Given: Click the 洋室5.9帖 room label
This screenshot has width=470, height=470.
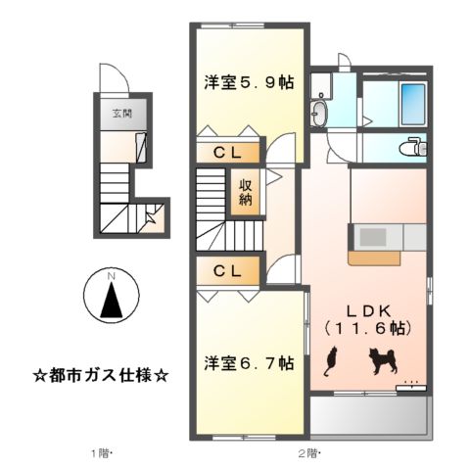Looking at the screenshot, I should [247, 83].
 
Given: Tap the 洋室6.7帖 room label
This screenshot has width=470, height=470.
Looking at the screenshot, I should [249, 363].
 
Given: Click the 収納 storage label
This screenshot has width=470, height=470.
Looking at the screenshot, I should [245, 192].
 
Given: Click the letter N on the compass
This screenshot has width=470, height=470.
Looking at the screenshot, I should [112, 278].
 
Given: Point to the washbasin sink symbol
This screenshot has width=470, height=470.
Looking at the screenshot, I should [320, 113].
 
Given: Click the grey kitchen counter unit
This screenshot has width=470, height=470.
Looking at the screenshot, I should [386, 237].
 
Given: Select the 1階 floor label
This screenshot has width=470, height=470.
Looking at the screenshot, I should [102, 453].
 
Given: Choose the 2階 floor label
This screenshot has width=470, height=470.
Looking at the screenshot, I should [308, 453].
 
